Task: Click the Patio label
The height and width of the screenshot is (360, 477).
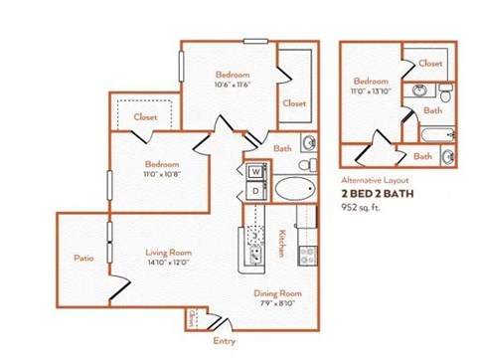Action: [83, 259]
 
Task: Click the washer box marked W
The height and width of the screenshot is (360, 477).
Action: [254, 171]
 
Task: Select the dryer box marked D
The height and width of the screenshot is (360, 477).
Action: [254, 190]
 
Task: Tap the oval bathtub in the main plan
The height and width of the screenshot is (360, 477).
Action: [291, 190]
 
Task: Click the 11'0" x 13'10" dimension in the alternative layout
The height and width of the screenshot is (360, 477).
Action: [371, 90]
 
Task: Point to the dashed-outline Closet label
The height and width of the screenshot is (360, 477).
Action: [145, 117]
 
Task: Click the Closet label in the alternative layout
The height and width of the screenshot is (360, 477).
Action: [430, 63]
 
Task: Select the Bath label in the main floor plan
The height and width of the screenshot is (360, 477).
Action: [283, 149]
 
